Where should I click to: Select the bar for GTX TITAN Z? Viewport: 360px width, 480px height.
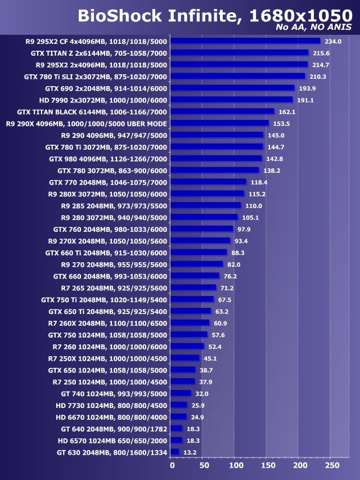pos(240,53)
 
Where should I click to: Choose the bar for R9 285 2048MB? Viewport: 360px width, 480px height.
pos(205,205)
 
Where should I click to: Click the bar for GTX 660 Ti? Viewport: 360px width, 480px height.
pos(199,253)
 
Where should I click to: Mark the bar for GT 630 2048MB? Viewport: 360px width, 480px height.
pos(174,452)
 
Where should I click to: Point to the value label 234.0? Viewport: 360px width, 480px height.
pos(333,41)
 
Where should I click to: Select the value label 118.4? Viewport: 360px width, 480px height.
pos(259,182)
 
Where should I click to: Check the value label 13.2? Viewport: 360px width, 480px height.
pos(191,452)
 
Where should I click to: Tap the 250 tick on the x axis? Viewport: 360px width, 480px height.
pos(332,465)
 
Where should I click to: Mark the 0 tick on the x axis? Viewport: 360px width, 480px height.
pos(172,465)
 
